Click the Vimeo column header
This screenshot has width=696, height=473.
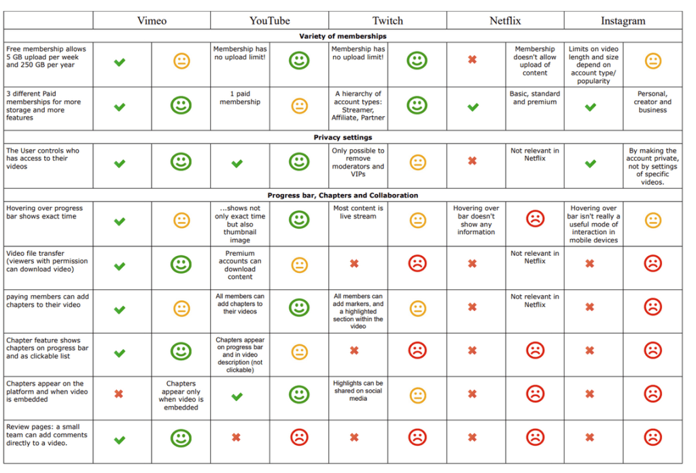click(x=152, y=20)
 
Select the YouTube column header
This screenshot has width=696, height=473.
click(x=269, y=20)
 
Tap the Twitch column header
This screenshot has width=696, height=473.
click(x=387, y=20)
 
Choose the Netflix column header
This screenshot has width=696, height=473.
click(x=505, y=20)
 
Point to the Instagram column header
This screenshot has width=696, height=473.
click(x=623, y=20)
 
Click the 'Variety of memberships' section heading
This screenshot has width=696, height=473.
click(x=343, y=36)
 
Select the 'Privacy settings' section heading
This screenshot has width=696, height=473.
click(x=343, y=137)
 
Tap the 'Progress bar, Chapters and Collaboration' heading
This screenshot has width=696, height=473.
click(x=343, y=195)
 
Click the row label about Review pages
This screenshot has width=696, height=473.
click(x=47, y=435)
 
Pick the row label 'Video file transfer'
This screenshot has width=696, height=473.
click(x=47, y=261)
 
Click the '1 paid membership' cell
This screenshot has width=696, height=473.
click(x=240, y=98)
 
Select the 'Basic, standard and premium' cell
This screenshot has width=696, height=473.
click(x=535, y=98)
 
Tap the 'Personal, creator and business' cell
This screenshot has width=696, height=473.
click(x=652, y=102)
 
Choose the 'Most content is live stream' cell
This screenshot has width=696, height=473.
click(x=358, y=212)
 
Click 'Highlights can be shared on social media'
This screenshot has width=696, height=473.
click(x=358, y=391)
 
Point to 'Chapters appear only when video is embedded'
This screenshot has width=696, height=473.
click(x=181, y=395)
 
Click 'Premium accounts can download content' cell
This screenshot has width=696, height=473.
click(x=240, y=265)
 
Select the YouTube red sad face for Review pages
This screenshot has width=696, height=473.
click(x=299, y=438)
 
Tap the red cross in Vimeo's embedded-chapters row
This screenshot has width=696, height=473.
click(x=119, y=394)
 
